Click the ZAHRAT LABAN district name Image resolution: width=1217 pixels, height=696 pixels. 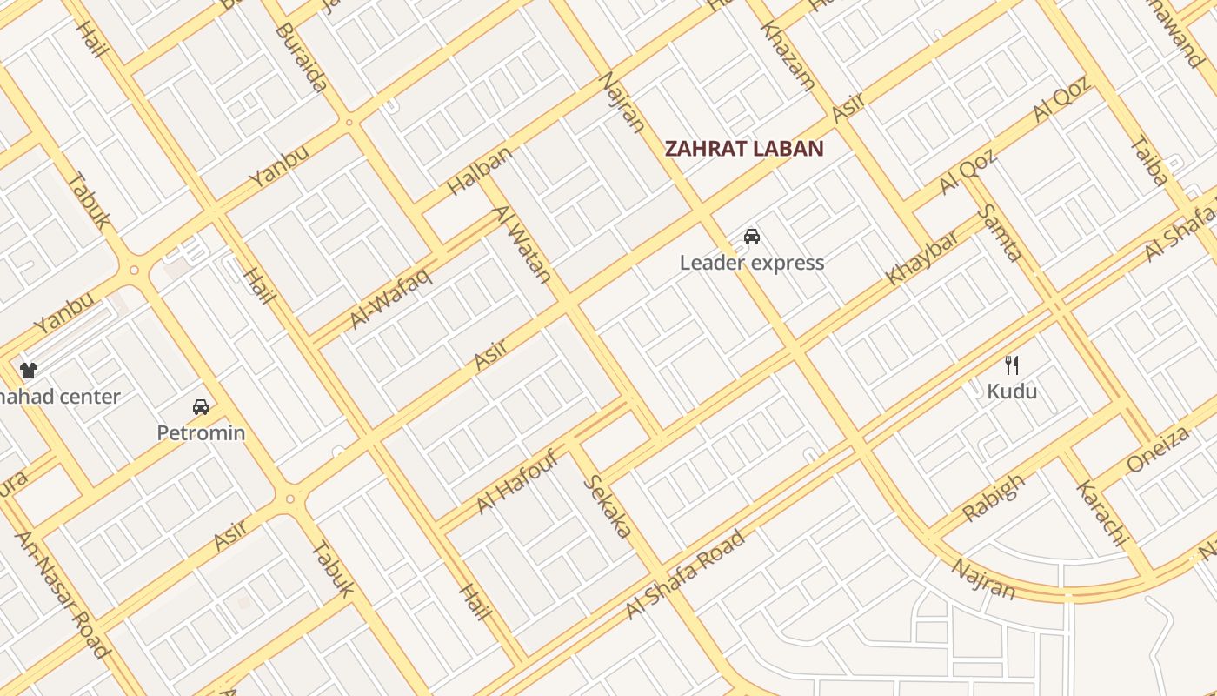(743, 149)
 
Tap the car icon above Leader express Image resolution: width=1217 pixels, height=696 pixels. (752, 236)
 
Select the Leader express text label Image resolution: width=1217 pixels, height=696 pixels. (752, 263)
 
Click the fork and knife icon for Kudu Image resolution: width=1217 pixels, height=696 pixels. (1011, 365)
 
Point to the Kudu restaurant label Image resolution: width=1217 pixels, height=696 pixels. (1012, 391)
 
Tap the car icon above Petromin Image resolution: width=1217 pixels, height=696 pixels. (201, 406)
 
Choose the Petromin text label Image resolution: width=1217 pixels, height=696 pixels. (201, 432)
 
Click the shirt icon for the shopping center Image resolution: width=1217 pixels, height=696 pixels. (29, 371)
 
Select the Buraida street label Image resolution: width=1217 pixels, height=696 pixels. (301, 57)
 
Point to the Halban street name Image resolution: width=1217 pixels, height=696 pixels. (479, 171)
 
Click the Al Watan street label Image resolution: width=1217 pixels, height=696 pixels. (523, 244)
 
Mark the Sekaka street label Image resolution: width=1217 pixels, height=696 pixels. (606, 505)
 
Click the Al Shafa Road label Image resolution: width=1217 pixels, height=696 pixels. (685, 575)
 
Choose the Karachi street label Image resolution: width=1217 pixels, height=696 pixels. (1101, 512)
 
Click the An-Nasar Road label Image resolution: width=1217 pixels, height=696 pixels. (63, 594)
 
